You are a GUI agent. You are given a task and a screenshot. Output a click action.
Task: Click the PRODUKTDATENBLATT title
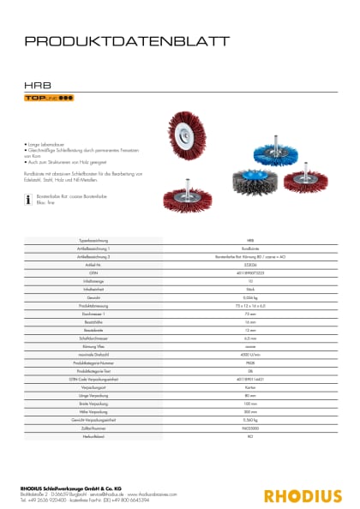[126, 40]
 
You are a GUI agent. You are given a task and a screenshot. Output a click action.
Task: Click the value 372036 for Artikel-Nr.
[249, 265]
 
